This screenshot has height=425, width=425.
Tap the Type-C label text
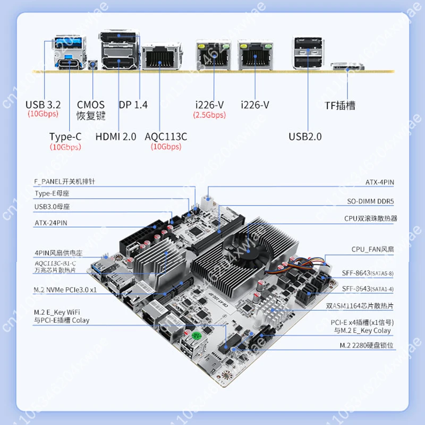(65, 137)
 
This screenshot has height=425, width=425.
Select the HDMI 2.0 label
(116, 137)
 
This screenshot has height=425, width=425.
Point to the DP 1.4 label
(133, 105)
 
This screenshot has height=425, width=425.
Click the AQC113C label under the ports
(166, 137)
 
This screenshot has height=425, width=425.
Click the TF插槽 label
(339, 105)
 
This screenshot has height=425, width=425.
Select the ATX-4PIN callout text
(379, 182)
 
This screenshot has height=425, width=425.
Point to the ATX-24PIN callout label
(51, 222)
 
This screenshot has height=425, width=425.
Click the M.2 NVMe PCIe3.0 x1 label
(65, 290)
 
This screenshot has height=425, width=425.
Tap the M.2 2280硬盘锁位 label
(367, 345)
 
